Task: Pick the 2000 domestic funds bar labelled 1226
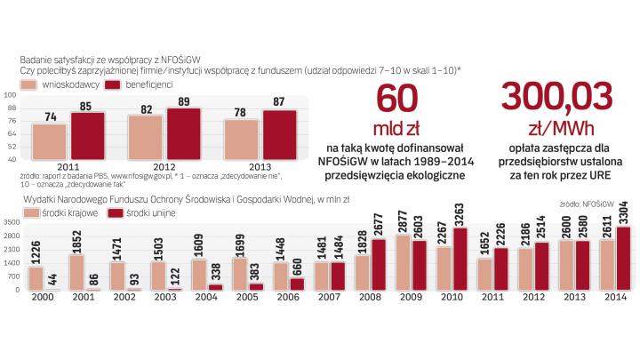(x=35, y=278)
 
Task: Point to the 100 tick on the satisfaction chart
(x=11, y=94)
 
